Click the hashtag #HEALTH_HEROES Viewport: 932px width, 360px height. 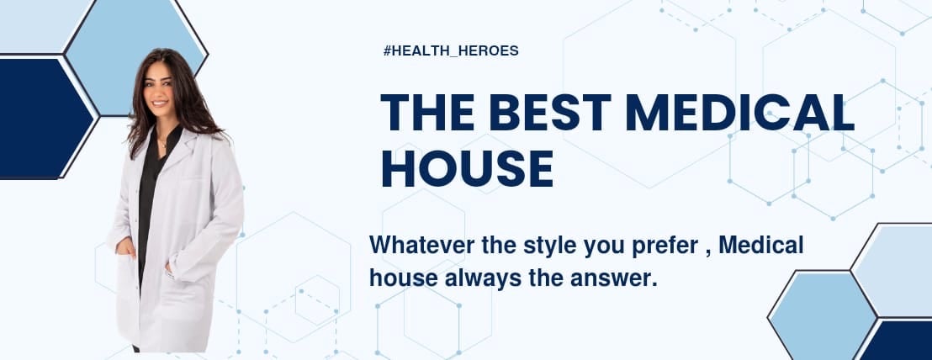click(450, 50)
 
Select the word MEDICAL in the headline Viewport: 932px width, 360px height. click(739, 113)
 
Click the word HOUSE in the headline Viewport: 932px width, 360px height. click(467, 167)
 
